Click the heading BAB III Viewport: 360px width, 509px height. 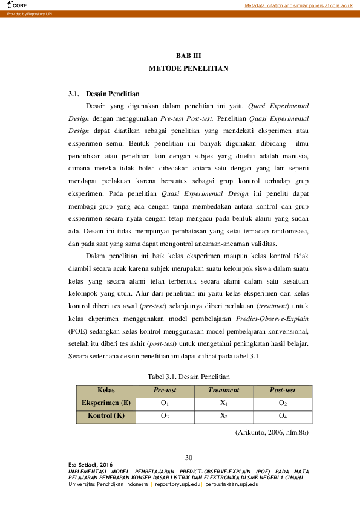click(188, 56)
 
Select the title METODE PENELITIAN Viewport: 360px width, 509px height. click(188, 69)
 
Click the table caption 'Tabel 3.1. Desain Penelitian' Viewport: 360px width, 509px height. click(188, 376)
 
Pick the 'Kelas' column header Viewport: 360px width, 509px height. click(106, 391)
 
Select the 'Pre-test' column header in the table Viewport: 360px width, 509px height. click(165, 391)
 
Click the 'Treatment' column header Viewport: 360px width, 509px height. click(223, 391)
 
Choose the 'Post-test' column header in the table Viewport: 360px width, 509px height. click(282, 391)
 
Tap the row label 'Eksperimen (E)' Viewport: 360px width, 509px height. click(106, 403)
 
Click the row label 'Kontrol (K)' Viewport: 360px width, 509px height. click(106, 416)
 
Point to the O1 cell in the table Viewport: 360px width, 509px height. click(165, 403)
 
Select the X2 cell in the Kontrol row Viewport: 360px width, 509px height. click(223, 416)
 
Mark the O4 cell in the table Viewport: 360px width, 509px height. click(282, 416)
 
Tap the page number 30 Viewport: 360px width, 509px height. click(188, 456)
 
